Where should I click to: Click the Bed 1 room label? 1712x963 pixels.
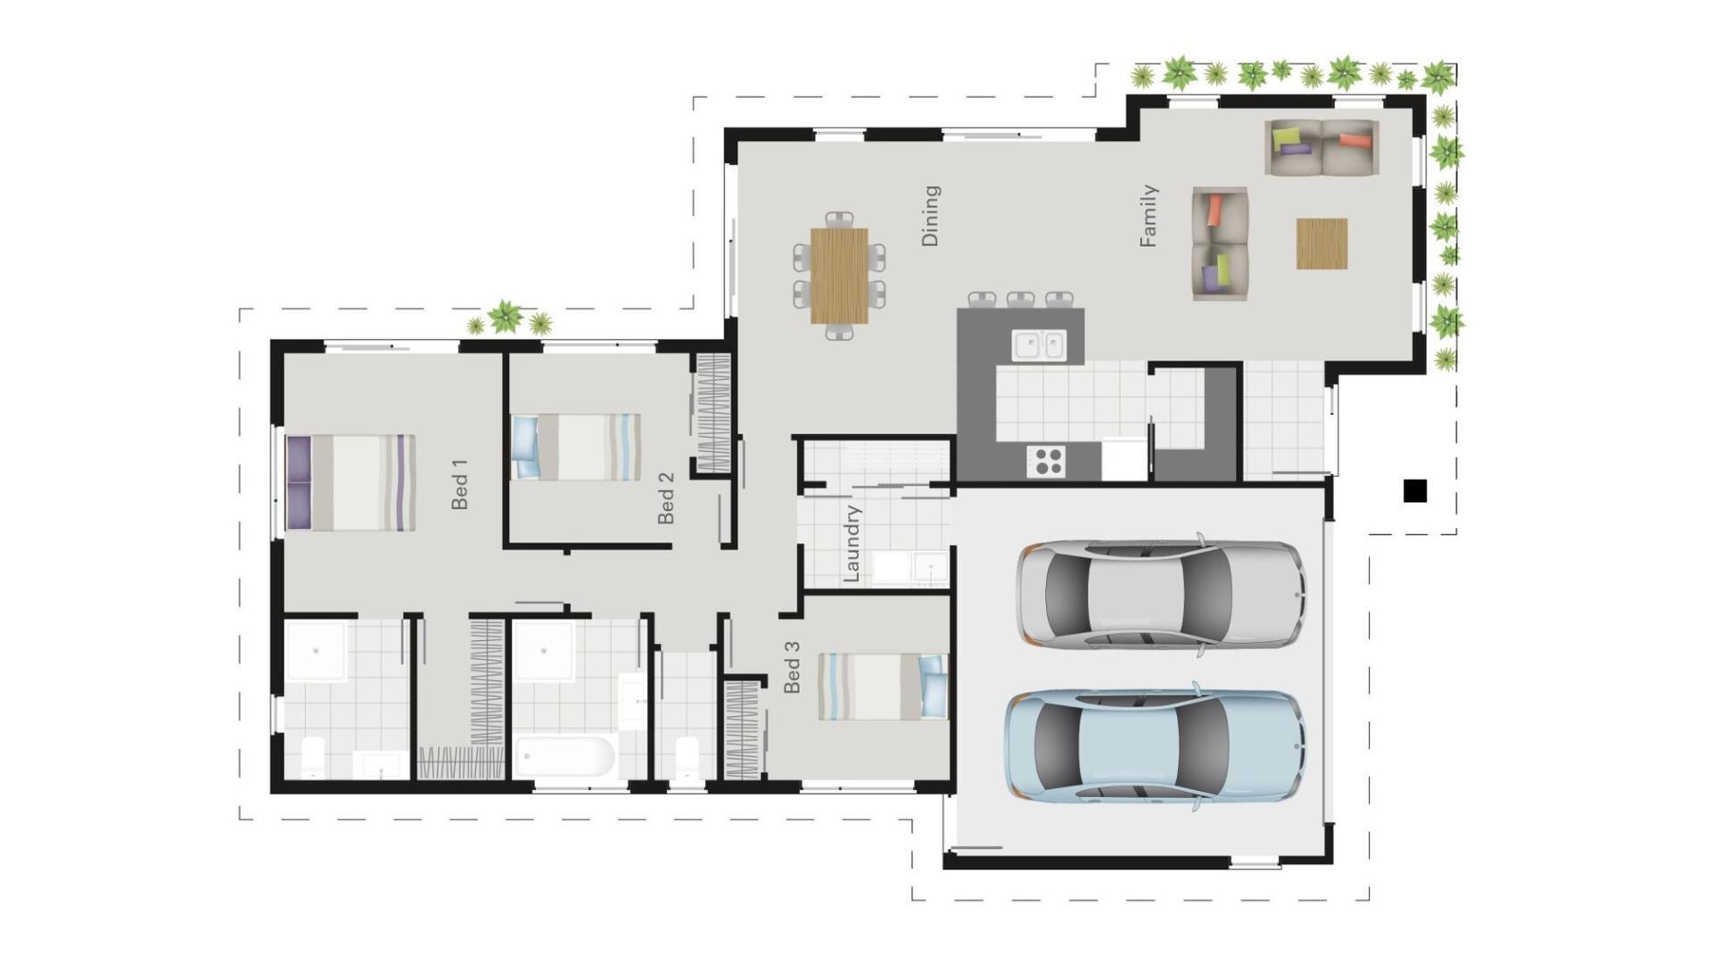pos(459,484)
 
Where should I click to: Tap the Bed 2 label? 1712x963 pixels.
pos(665,498)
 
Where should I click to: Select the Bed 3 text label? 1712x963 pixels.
pos(792,667)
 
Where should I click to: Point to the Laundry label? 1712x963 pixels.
pos(852,543)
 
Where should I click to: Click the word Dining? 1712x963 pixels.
pos(930,216)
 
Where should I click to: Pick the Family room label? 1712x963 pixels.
pos(1148,216)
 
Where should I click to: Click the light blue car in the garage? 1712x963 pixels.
pos(1155,745)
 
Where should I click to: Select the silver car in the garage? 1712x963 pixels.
pos(1159,593)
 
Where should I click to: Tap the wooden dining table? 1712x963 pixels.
pos(839,276)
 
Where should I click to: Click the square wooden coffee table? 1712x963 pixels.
pos(1321,243)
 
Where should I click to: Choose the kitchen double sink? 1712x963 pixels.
pos(1039,345)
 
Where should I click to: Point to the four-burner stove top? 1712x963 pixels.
pos(1046,461)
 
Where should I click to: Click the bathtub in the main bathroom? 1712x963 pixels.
pos(565,757)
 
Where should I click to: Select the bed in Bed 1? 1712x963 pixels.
pos(350,482)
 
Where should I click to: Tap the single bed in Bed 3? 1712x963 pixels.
pos(883,687)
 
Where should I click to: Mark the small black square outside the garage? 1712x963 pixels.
pos(1415,490)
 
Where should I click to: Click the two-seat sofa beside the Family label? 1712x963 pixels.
pos(1220,243)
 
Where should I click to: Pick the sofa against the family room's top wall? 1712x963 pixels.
pos(1321,148)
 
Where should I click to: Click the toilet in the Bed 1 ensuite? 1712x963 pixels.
pos(313,757)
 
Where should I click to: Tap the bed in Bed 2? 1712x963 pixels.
pos(576,447)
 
